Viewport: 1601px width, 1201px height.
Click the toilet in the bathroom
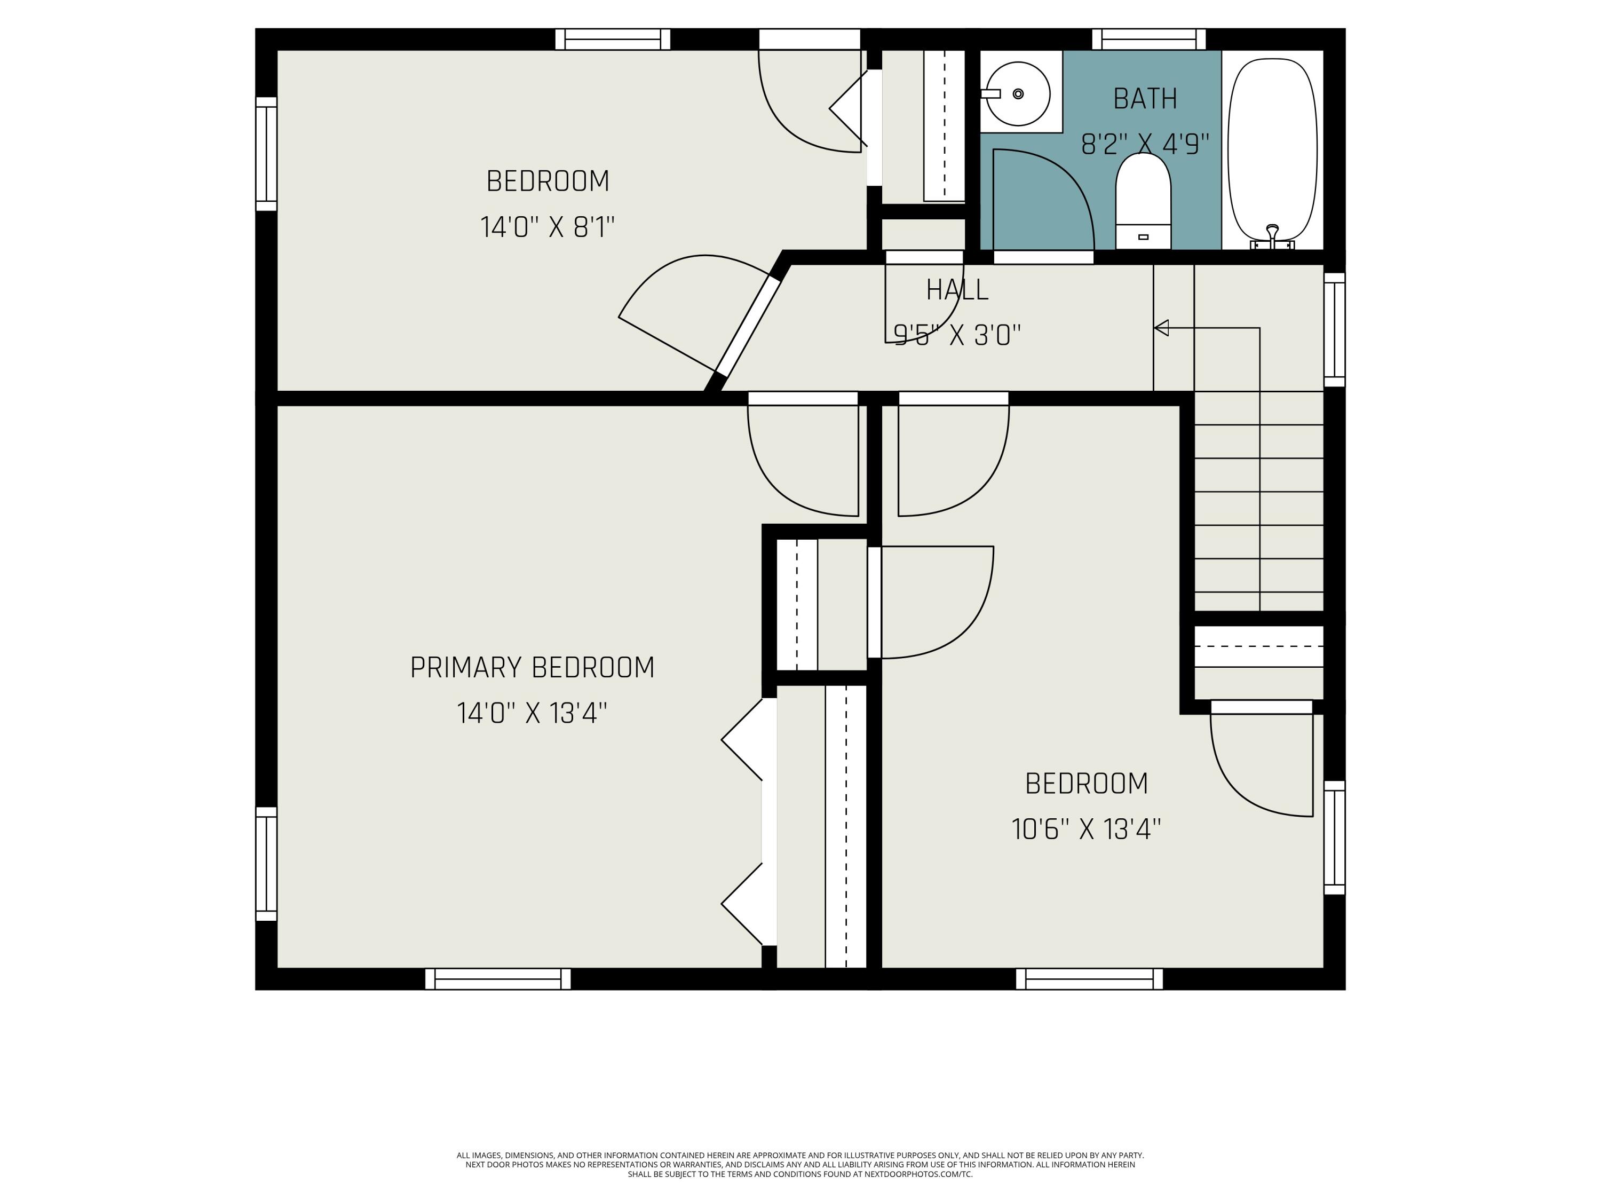pyautogui.click(x=1143, y=201)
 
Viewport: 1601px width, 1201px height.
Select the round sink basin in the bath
pyautogui.click(x=1018, y=93)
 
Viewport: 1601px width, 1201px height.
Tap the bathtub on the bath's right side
pyautogui.click(x=1272, y=150)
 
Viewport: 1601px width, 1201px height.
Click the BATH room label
pyautogui.click(x=1145, y=98)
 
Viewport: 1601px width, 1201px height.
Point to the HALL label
pyautogui.click(x=957, y=289)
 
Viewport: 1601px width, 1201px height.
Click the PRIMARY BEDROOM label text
pyautogui.click(x=532, y=667)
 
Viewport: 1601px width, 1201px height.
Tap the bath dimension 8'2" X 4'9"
pyautogui.click(x=1145, y=144)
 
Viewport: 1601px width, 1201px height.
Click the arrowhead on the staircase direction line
pyautogui.click(x=1161, y=328)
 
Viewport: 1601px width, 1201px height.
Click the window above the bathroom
pyautogui.click(x=1148, y=39)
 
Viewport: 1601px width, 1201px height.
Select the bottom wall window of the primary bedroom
pyautogui.click(x=498, y=979)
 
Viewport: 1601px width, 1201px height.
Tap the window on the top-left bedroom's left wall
pyautogui.click(x=266, y=154)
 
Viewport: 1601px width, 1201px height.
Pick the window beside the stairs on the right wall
pyautogui.click(x=1335, y=329)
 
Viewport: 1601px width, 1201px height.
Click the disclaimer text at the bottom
pyautogui.click(x=800, y=1165)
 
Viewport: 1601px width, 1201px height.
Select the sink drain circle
pyautogui.click(x=1018, y=93)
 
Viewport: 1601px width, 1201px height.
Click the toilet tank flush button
pyautogui.click(x=1144, y=236)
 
